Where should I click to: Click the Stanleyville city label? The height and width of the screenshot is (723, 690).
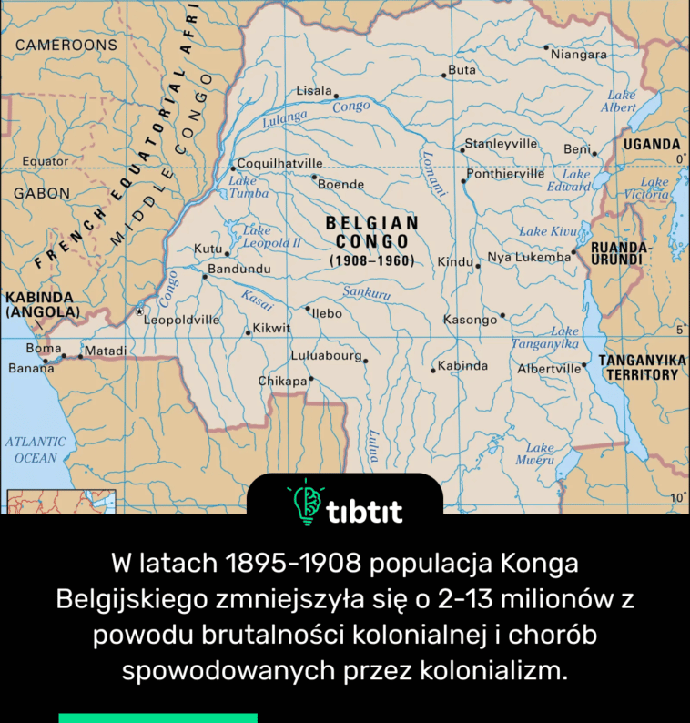pyautogui.click(x=502, y=144)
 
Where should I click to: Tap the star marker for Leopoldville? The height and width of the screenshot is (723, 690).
pyautogui.click(x=139, y=311)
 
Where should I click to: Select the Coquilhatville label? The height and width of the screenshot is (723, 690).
pyautogui.click(x=280, y=164)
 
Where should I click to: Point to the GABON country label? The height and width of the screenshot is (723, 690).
pyautogui.click(x=41, y=193)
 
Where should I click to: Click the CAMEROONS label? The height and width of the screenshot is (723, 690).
pyautogui.click(x=66, y=44)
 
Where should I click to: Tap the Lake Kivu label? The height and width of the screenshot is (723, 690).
pyautogui.click(x=546, y=231)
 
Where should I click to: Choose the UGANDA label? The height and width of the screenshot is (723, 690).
pyautogui.click(x=652, y=144)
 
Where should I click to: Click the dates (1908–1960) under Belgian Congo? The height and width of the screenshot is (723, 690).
pyautogui.click(x=372, y=261)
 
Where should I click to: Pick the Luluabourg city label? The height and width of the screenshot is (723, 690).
pyautogui.click(x=326, y=355)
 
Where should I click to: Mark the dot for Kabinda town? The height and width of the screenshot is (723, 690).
pyautogui.click(x=433, y=370)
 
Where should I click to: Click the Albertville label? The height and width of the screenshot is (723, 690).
pyautogui.click(x=548, y=369)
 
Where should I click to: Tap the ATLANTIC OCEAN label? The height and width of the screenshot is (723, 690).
pyautogui.click(x=36, y=449)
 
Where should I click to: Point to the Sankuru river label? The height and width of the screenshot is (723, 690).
pyautogui.click(x=367, y=293)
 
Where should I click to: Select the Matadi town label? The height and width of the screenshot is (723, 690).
pyautogui.click(x=106, y=350)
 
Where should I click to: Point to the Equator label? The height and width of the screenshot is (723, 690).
pyautogui.click(x=45, y=161)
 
